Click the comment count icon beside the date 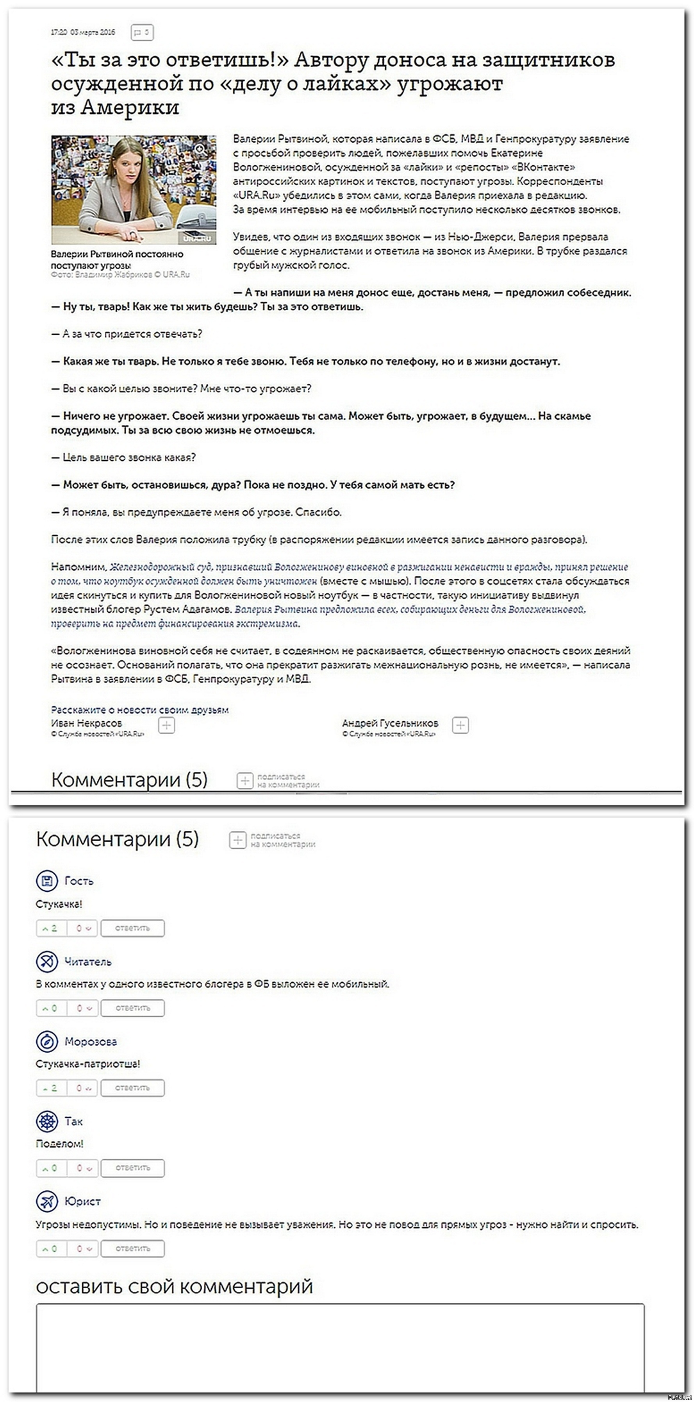(x=142, y=32)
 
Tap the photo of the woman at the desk (x=134, y=190)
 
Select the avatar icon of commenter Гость (x=47, y=881)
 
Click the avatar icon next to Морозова (x=47, y=1041)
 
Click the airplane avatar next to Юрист (x=47, y=1201)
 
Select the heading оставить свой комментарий (x=174, y=1287)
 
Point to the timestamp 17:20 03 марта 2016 (x=83, y=32)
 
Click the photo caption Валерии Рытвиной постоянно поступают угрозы (x=117, y=259)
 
